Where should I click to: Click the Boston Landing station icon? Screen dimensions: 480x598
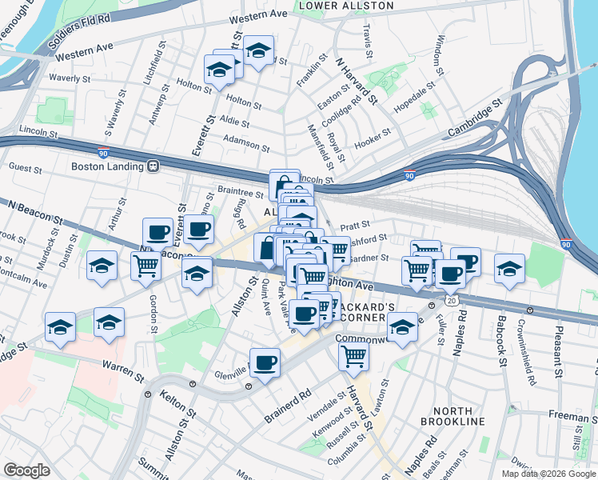pyautogui.click(x=152, y=166)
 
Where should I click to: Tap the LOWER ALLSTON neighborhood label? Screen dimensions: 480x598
pyautogui.click(x=345, y=6)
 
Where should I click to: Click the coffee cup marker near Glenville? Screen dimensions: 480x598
pyautogui.click(x=265, y=362)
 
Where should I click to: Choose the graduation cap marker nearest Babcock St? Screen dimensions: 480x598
pyautogui.click(x=508, y=268)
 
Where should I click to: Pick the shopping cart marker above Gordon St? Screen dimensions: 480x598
pyautogui.click(x=146, y=266)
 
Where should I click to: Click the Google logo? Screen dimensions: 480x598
pyautogui.click(x=27, y=470)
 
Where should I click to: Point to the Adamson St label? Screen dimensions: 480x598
pyautogui.click(x=246, y=144)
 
